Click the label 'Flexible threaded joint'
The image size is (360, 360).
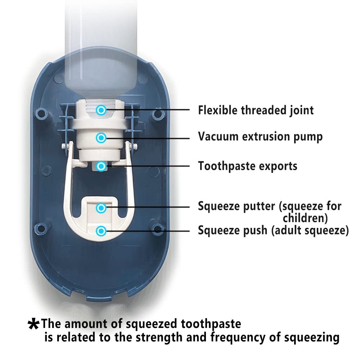(256, 110)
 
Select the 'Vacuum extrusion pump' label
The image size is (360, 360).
(260, 137)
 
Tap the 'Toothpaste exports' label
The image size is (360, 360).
(248, 166)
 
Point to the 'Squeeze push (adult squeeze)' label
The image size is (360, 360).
(273, 230)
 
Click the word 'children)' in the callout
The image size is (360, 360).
(305, 218)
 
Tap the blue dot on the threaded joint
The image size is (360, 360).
(102, 110)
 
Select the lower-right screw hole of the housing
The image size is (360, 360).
(157, 228)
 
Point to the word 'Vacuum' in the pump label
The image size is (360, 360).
(218, 137)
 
